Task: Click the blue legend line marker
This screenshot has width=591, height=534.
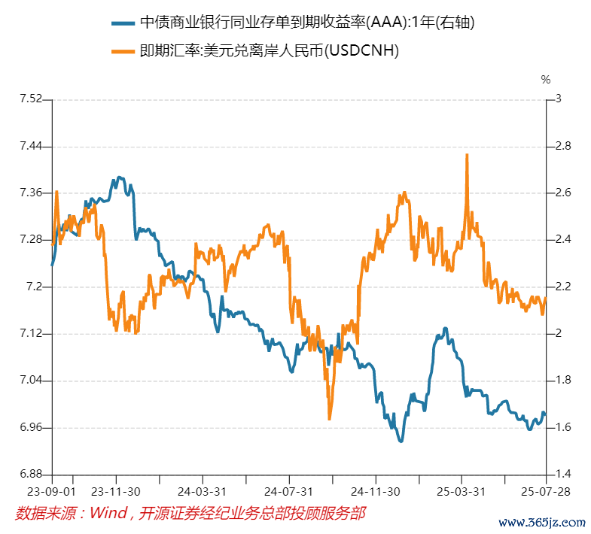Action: (x=123, y=23)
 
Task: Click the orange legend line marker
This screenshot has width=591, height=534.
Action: (x=123, y=51)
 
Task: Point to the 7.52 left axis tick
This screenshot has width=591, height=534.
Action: (x=31, y=99)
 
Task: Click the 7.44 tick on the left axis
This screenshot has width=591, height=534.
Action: (x=31, y=146)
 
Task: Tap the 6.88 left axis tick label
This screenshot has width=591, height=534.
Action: (x=31, y=475)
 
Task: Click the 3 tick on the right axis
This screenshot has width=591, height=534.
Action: (x=558, y=99)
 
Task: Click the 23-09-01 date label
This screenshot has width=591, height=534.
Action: (x=52, y=491)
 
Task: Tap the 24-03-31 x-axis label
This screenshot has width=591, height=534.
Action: (x=203, y=491)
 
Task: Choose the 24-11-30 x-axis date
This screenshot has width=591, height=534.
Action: (x=375, y=491)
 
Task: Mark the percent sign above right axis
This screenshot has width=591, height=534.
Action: (x=546, y=79)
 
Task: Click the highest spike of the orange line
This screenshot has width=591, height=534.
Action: (x=468, y=155)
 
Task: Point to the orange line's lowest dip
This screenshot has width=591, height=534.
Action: (x=330, y=418)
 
